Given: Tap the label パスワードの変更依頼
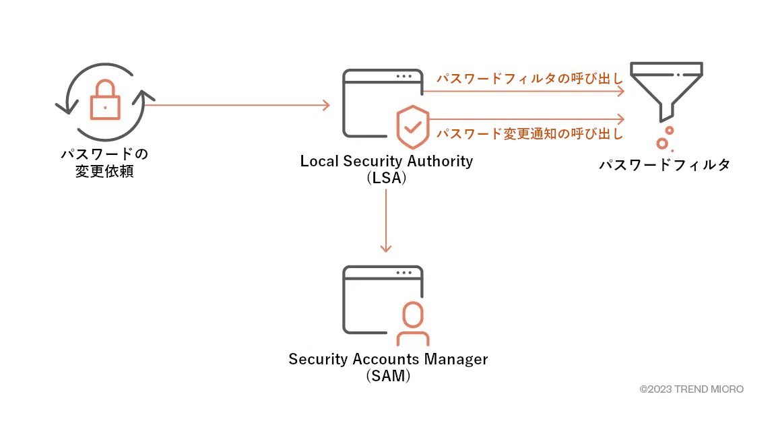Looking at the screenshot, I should point(104,162).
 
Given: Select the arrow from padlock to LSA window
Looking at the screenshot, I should point(236,105).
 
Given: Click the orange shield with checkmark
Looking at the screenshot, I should point(412,127).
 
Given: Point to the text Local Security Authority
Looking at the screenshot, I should point(386,162).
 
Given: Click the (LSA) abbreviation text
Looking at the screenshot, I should point(386,179).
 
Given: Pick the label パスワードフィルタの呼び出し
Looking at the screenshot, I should point(529,79).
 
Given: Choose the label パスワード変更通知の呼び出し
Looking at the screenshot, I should point(529,133).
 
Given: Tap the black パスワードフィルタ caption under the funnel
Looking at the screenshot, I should point(665,165).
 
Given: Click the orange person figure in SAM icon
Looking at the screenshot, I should point(412,323).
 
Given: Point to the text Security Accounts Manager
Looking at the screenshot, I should point(388,359).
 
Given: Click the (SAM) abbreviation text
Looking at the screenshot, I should point(388,376).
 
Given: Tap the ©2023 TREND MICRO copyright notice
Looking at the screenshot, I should point(691,389).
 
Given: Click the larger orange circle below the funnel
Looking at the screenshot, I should point(662,143).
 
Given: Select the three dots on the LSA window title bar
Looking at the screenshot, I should point(404,76).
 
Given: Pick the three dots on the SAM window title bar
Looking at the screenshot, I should point(404,273).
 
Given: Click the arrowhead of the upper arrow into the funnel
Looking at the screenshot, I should point(622,91).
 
